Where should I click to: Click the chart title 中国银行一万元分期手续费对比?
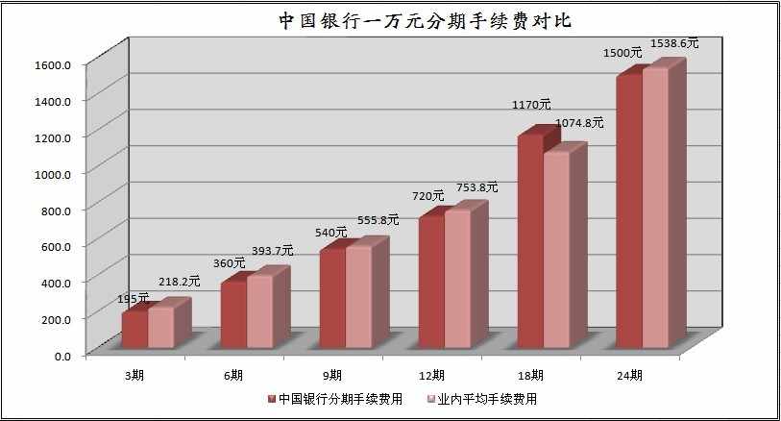pyautogui.click(x=425, y=21)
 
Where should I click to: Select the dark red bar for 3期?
pyautogui.click(x=135, y=330)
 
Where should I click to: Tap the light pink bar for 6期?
pyautogui.click(x=260, y=311)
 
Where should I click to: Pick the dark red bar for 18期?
pyautogui.click(x=530, y=241)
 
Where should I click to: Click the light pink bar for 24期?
pyautogui.click(x=655, y=208)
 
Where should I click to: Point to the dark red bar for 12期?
pyautogui.click(x=432, y=283)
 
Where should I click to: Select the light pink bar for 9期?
pyautogui.click(x=358, y=297)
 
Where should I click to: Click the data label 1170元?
pyautogui.click(x=531, y=105)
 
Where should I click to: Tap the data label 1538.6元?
pyautogui.click(x=674, y=43)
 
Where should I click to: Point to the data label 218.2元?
pyautogui.click(x=180, y=282)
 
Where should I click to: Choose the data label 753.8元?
pyautogui.click(x=476, y=187)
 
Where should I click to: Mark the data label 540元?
pyautogui.click(x=330, y=233)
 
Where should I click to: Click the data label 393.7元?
pyautogui.click(x=273, y=251)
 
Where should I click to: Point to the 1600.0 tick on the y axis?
pyautogui.click(x=53, y=64)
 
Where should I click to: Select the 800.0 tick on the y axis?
pyautogui.click(x=56, y=210)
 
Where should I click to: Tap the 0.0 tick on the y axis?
pyautogui.click(x=62, y=357)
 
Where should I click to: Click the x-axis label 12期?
pyautogui.click(x=431, y=375)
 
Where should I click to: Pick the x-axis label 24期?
pyautogui.click(x=629, y=375)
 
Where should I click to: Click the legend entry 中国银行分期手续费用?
pyautogui.click(x=335, y=399)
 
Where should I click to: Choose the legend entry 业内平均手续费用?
pyautogui.click(x=482, y=399)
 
